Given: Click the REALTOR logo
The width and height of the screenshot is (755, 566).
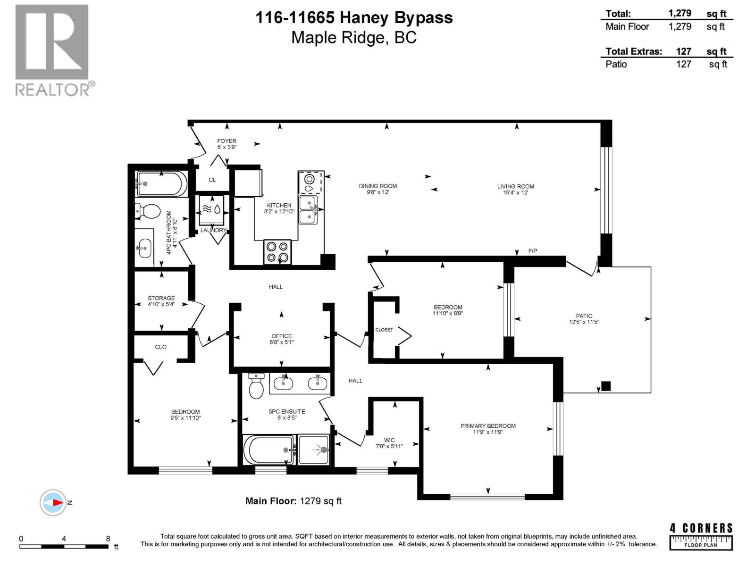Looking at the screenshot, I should tap(52, 50).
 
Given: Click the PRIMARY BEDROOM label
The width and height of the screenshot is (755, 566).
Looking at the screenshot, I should tap(488, 426).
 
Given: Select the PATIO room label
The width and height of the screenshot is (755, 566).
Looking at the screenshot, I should tap(584, 316).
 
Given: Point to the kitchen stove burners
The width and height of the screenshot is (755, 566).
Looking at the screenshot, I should tap(277, 251).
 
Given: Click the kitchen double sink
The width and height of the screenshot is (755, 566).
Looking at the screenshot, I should tap(308, 210).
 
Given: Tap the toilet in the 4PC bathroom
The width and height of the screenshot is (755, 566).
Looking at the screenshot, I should tap(148, 211).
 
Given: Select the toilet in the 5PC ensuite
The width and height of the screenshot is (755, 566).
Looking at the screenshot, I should tap(256, 387).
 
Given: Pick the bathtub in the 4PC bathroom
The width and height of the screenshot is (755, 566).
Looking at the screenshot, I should tap(160, 184).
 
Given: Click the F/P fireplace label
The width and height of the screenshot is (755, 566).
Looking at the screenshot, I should tap(533, 251).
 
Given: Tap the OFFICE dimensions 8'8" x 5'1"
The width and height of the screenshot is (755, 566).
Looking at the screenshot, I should tap(282, 342).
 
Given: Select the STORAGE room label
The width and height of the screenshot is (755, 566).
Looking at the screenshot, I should tap(161, 298).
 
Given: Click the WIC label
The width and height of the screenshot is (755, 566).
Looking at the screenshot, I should tap(389, 440).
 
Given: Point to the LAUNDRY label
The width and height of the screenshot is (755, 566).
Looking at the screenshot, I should tap(213, 230).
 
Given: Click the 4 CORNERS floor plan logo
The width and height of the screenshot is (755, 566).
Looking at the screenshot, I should tap(701, 536).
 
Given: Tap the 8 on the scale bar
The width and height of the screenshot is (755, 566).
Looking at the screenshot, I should tap(108, 539).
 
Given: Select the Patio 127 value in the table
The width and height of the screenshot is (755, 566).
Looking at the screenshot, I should tap(683, 64).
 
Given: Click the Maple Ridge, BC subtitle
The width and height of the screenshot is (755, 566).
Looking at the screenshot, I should tap(354, 37).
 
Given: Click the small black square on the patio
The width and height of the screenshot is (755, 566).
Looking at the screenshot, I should tap(606, 386).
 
